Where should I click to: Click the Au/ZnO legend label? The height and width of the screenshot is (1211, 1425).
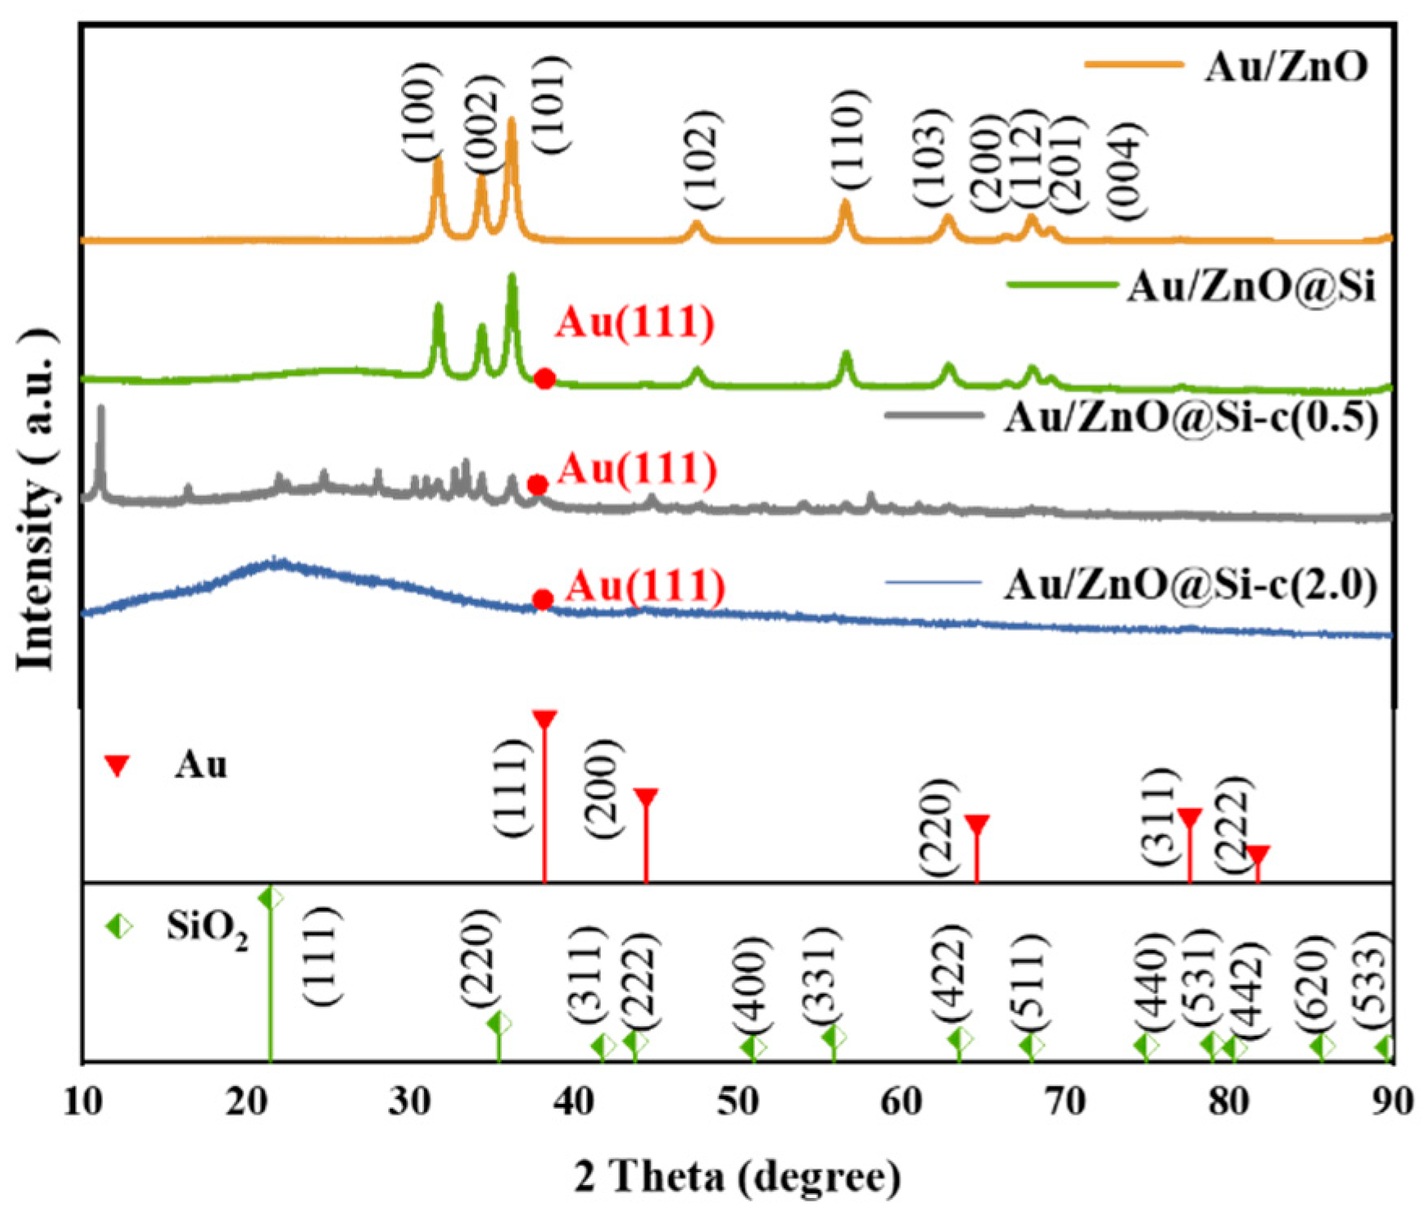[x=1286, y=66]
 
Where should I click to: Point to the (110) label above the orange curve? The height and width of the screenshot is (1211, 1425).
[x=849, y=139]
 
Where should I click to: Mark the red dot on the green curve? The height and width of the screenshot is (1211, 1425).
[x=545, y=378]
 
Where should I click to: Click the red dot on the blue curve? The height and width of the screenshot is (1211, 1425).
[x=543, y=600]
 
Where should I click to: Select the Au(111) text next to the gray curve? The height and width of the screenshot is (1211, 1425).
[x=638, y=469]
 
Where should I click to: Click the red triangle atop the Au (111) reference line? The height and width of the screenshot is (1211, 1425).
[x=545, y=719]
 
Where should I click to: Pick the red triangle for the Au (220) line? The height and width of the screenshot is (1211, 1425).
[x=977, y=825]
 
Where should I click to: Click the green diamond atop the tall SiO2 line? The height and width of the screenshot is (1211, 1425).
[x=271, y=898]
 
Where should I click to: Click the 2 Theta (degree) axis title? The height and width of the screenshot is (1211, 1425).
[x=738, y=1176]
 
